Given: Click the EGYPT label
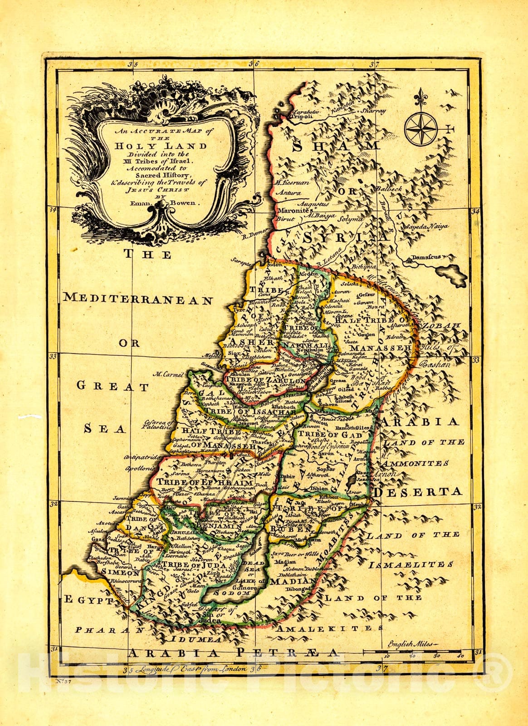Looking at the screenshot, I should [x=88, y=600].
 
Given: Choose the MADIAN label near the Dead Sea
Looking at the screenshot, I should [x=292, y=581].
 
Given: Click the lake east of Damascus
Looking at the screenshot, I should [x=452, y=273].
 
